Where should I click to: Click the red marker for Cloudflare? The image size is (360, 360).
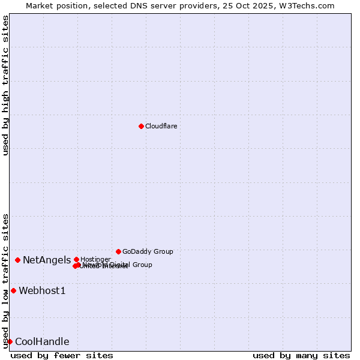(x=141, y=126)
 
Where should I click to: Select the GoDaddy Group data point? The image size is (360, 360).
(x=118, y=251)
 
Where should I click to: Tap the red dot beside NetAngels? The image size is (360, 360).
(x=18, y=260)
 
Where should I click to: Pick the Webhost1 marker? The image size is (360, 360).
(x=13, y=290)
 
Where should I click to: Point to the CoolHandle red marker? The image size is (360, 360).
(x=10, y=341)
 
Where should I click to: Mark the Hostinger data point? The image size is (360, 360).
(x=76, y=259)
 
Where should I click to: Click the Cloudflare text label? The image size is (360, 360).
(x=161, y=126)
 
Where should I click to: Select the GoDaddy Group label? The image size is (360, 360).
(x=148, y=251)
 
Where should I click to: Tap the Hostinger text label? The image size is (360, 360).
(x=95, y=259)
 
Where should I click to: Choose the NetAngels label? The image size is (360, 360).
(x=47, y=260)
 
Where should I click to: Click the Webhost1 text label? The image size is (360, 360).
(x=42, y=291)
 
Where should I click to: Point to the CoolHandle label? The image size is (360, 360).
(x=42, y=342)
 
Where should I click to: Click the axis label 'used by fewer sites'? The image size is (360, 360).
(x=62, y=355)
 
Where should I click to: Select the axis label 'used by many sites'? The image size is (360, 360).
(x=301, y=355)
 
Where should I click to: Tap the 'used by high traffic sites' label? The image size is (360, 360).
(x=6, y=85)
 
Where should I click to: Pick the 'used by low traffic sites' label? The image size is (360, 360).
(x=6, y=280)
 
